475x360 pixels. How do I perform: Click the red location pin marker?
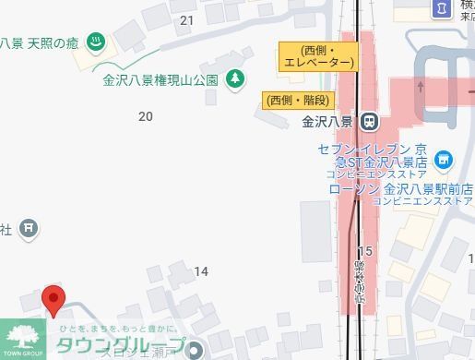[x=54, y=299]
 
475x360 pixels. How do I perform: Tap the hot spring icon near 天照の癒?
[x=94, y=42]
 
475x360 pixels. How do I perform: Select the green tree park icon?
[x=236, y=78]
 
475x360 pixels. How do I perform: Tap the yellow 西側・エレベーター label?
[x=317, y=55]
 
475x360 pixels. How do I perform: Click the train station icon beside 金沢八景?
[x=369, y=121]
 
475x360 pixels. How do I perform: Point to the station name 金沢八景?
[x=327, y=121]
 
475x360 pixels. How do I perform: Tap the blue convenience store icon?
[x=445, y=160]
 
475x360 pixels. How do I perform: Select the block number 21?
[x=188, y=20]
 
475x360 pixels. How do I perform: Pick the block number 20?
[x=145, y=116]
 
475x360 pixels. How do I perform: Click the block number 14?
[x=201, y=270]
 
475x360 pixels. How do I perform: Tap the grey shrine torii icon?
[x=29, y=227]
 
